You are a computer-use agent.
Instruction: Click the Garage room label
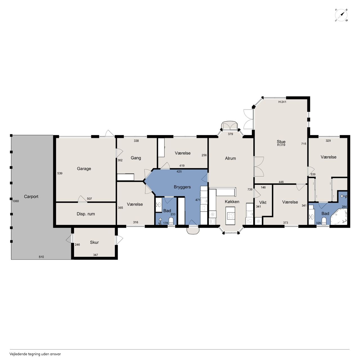coord(84,168)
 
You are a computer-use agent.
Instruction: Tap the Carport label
coord(31,197)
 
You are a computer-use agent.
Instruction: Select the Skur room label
coord(94,242)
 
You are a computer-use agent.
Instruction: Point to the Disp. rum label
coord(86,214)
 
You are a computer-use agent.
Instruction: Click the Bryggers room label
coord(182,187)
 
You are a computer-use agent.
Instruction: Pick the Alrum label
coord(230,158)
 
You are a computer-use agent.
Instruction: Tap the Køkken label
coord(232,202)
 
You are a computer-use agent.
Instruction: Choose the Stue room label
coord(281,142)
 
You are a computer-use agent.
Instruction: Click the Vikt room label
coord(263,202)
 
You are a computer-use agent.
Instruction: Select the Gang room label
coord(136,158)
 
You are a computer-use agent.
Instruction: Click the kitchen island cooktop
coord(230,216)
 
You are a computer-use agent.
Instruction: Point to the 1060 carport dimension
coord(15,201)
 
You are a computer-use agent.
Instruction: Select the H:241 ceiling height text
coord(282,102)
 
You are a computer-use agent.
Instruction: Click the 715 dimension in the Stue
coord(303,144)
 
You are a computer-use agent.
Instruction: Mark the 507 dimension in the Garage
coord(89,199)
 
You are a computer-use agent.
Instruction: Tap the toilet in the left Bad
coord(171,221)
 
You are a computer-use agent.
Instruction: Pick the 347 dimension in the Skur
coord(95,255)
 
